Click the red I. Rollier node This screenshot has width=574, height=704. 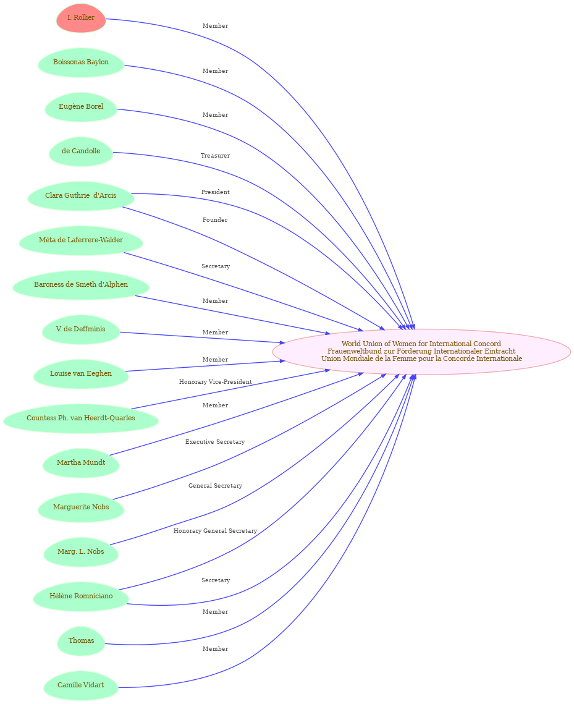[x=81, y=18]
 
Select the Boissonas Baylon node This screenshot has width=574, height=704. [x=81, y=62]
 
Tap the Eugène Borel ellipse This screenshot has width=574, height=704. [x=81, y=107]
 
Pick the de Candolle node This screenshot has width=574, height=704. [x=81, y=151]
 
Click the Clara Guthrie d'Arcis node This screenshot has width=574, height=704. [x=81, y=196]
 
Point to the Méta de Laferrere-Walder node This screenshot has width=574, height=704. [x=81, y=240]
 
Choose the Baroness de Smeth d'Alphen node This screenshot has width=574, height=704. [x=81, y=285]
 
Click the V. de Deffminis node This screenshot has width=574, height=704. [x=81, y=329]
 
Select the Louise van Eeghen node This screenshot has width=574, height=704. [x=81, y=373]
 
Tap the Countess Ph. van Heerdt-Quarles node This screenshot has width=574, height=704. [x=81, y=418]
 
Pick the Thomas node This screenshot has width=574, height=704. [x=81, y=641]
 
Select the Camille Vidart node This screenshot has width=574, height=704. [x=81, y=685]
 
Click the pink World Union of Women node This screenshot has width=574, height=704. [x=421, y=352]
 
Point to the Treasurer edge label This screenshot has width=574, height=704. [x=215, y=156]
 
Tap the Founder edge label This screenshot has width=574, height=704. [x=215, y=220]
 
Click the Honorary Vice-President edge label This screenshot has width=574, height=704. [x=216, y=382]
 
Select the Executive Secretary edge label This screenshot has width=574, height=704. [x=215, y=443]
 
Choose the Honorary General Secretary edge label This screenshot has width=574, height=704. [x=216, y=531]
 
